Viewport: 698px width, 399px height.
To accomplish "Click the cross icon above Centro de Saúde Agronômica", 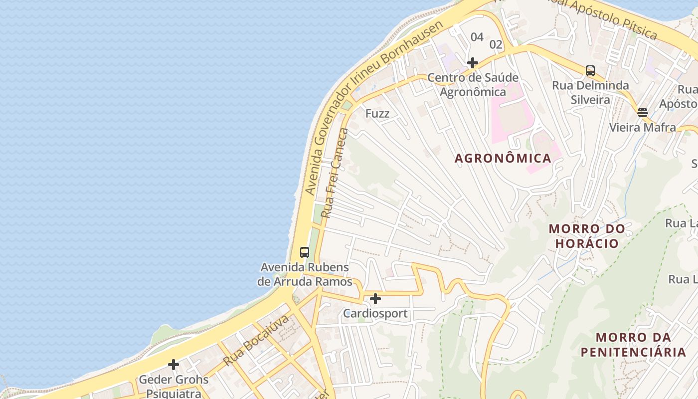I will click(473, 63).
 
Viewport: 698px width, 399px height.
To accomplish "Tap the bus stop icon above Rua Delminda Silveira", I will click(590, 71).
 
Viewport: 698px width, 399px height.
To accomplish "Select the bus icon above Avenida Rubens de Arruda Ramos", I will click(305, 252).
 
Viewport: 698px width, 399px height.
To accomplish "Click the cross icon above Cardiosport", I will click(375, 299).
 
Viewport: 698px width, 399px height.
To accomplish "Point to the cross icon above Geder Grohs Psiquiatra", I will click(174, 365).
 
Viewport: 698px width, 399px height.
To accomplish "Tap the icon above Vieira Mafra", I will click(642, 113).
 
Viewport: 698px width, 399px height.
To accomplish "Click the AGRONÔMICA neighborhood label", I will click(503, 159).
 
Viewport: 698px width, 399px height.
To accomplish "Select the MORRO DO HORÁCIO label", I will click(587, 236).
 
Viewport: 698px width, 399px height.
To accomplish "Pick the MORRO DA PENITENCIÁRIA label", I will click(633, 345).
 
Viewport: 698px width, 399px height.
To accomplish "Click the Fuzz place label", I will click(377, 113).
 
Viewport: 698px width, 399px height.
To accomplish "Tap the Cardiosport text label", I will click(375, 314).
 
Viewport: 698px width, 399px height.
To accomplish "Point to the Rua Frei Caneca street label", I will click(335, 173).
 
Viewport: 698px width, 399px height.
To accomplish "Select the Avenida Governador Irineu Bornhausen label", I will click(373, 107).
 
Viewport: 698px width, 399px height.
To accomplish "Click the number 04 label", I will click(477, 37).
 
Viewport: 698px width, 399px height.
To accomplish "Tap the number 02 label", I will click(496, 44).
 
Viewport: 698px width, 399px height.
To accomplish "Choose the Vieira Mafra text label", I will click(643, 127).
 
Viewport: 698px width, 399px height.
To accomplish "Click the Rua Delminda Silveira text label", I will click(590, 92).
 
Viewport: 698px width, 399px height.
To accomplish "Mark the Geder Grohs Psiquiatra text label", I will click(174, 387).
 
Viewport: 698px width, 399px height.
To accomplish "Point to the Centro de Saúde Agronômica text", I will click(473, 85).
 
